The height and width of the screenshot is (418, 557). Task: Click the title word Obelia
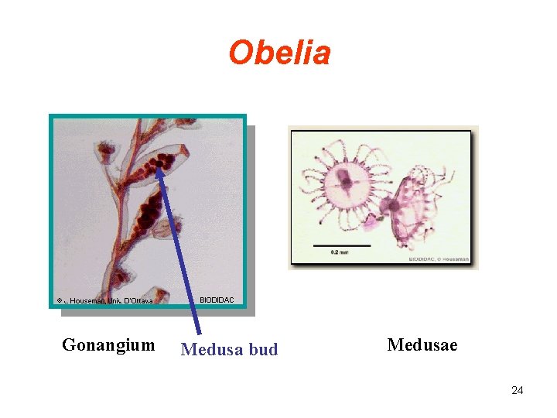click(x=279, y=53)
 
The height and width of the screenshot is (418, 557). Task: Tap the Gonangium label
click(x=108, y=344)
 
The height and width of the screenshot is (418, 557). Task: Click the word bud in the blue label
click(x=264, y=350)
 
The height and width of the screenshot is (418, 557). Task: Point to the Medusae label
click(x=422, y=344)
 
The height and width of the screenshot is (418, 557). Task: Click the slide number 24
click(x=517, y=390)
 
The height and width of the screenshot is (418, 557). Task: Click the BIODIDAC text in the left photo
click(x=216, y=300)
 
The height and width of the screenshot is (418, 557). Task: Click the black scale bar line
click(x=341, y=245)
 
